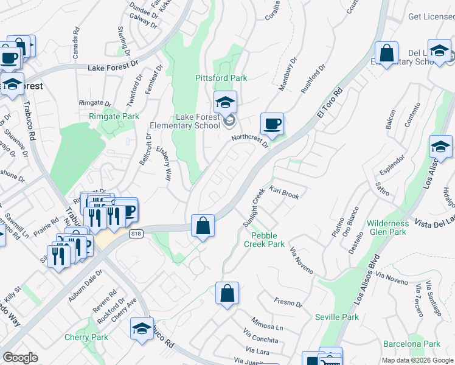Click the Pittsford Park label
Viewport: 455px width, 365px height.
(221, 78)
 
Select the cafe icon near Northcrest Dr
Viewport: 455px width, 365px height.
(272, 124)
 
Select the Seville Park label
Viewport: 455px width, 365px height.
(337, 317)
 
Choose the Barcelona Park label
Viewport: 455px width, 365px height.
(415, 344)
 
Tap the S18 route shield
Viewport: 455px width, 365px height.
(136, 233)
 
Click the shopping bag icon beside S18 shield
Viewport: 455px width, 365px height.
(203, 226)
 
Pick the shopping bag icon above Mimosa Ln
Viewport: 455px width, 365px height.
(227, 294)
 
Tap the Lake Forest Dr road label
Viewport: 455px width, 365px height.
(113, 69)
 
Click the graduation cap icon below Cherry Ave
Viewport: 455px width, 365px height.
(141, 328)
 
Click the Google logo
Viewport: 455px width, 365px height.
(20, 358)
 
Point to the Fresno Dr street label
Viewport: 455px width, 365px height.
(284, 301)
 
